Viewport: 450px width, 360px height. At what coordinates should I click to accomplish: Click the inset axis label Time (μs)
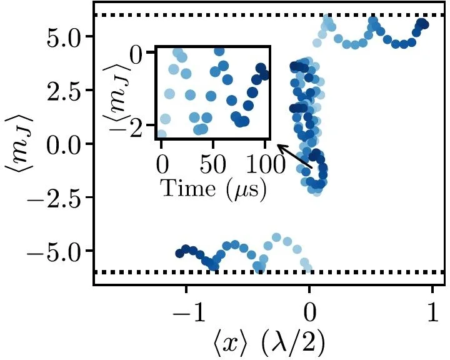(213, 187)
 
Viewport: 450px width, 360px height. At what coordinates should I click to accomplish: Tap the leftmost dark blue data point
(180, 253)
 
